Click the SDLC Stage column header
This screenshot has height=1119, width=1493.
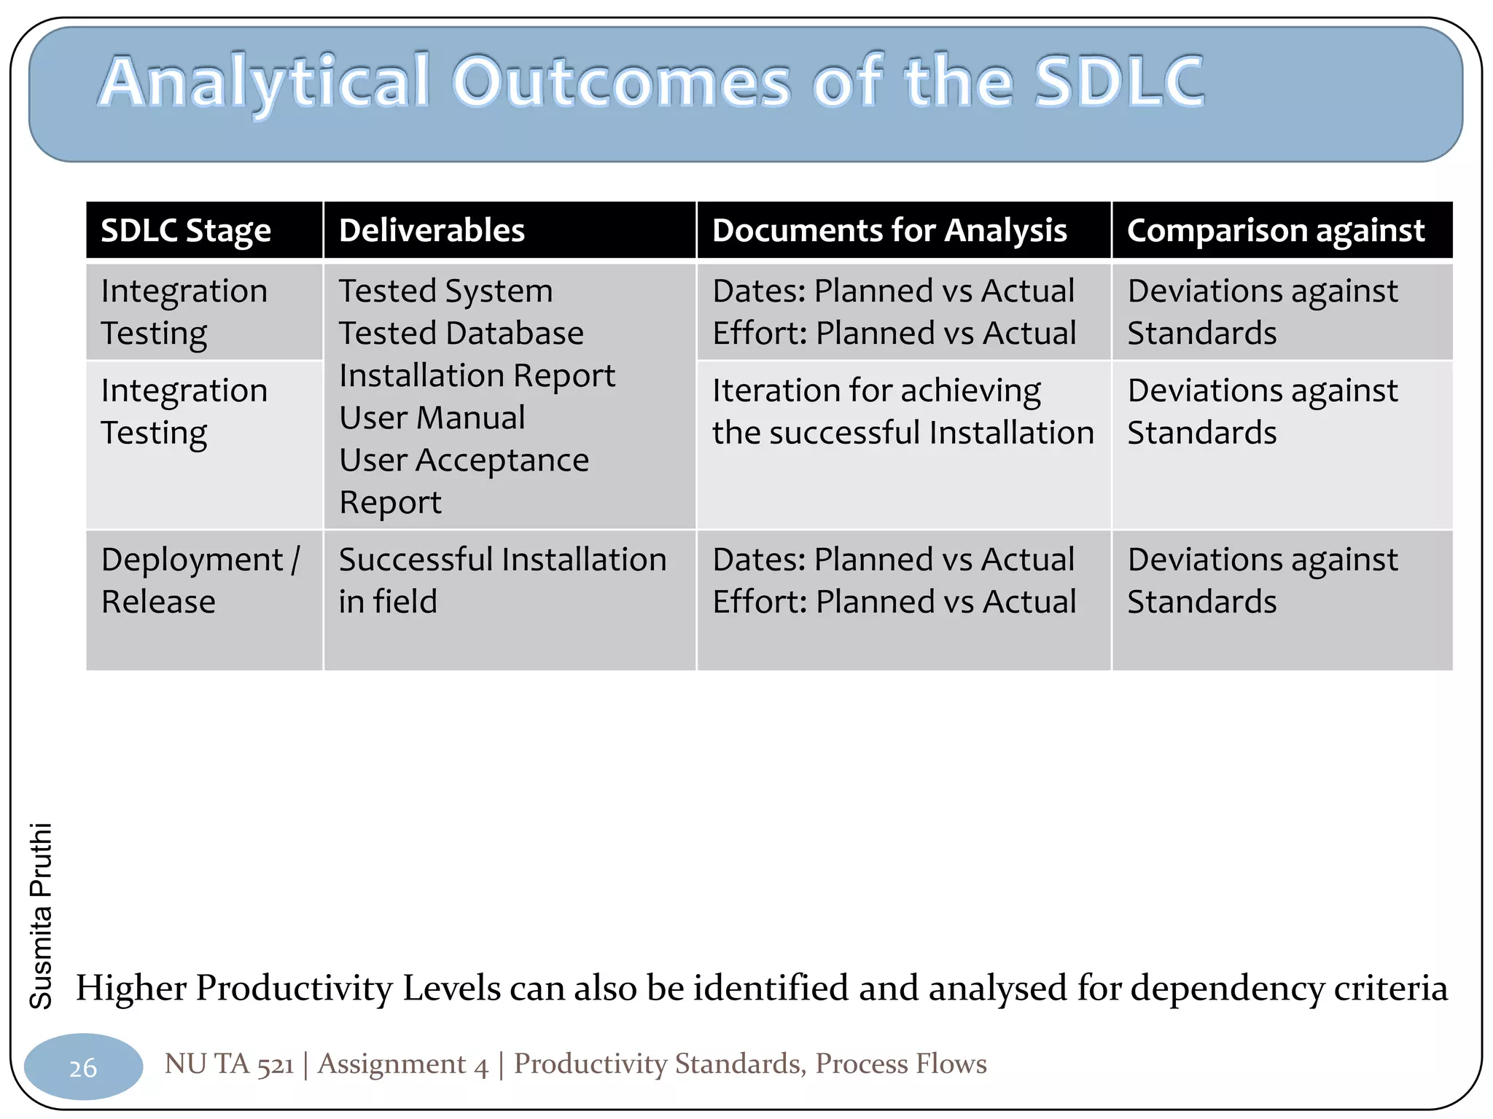(185, 231)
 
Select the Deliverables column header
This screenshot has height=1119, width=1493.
(432, 231)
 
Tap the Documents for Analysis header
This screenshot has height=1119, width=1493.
(889, 231)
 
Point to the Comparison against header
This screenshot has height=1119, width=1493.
(1275, 231)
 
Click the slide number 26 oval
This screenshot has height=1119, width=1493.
(83, 1067)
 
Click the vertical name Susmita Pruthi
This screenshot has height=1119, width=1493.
(41, 916)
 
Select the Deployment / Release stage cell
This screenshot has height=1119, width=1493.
(200, 581)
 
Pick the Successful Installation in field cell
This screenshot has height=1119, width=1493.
(502, 581)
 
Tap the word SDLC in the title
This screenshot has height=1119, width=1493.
(1119, 82)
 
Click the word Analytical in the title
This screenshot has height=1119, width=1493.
(264, 82)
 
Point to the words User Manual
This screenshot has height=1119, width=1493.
(432, 418)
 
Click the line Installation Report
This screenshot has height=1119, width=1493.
(477, 376)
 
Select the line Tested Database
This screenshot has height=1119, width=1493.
(461, 334)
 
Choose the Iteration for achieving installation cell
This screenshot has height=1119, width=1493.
(903, 412)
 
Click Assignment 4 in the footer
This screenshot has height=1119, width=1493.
(403, 1064)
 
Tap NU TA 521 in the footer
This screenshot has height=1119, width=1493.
(229, 1064)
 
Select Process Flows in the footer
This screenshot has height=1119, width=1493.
(900, 1064)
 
